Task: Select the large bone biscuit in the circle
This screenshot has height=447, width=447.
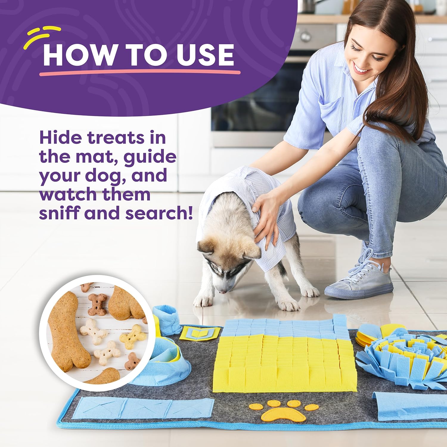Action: tap(67, 331)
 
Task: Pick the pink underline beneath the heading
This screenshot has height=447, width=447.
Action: tap(140, 72)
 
